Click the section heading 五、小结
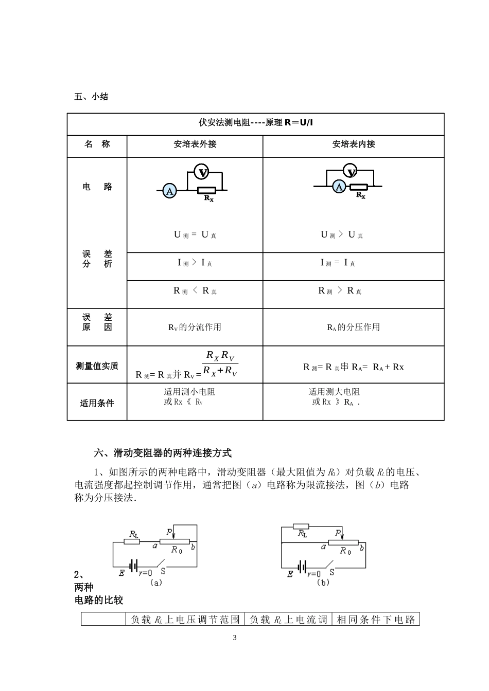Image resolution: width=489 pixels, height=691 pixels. pyautogui.click(x=91, y=97)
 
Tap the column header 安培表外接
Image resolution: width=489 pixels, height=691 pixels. pyautogui.click(x=195, y=144)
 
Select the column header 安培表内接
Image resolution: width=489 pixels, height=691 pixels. pyautogui.click(x=354, y=144)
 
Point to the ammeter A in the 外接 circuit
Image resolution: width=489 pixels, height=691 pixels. pyautogui.click(x=170, y=191)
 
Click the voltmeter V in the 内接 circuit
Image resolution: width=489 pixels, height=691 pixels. pyautogui.click(x=351, y=172)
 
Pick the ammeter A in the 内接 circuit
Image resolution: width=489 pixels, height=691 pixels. pyautogui.click(x=339, y=187)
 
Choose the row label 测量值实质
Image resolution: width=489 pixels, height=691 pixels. pyautogui.click(x=97, y=366)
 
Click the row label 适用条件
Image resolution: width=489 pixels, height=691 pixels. pyautogui.click(x=97, y=403)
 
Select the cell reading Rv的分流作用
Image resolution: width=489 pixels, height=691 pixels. pyautogui.click(x=195, y=328)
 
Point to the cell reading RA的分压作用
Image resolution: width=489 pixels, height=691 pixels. pyautogui.click(x=353, y=328)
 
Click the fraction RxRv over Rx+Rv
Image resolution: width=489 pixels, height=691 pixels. pyautogui.click(x=220, y=363)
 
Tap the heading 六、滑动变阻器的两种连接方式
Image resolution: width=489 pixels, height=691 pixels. pyautogui.click(x=163, y=453)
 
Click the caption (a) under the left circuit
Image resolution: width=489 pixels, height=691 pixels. pyautogui.click(x=155, y=583)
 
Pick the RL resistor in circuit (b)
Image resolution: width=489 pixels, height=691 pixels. pyautogui.click(x=301, y=526)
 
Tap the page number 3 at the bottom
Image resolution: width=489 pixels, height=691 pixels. pyautogui.click(x=235, y=638)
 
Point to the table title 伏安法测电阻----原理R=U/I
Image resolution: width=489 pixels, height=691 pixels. pyautogui.click(x=256, y=122)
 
